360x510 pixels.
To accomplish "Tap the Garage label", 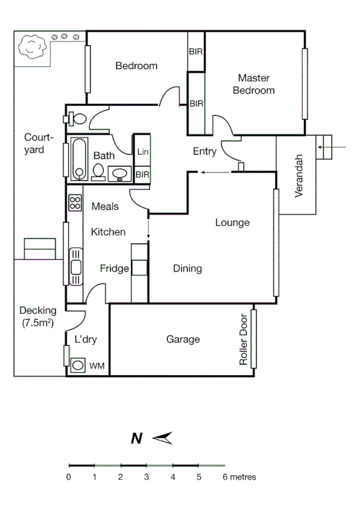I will (x=183, y=340).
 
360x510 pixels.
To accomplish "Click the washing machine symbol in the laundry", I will (x=78, y=364).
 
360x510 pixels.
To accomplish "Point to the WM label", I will (x=96, y=366).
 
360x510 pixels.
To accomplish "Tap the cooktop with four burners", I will (x=75, y=203).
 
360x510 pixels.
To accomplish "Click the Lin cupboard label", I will (x=142, y=152).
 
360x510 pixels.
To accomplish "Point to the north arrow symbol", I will (x=162, y=438).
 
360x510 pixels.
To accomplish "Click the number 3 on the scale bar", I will (x=146, y=478).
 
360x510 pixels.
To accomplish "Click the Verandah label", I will (x=299, y=179).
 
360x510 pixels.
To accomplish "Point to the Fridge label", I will (x=114, y=269).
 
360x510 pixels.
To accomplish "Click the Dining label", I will (x=187, y=269).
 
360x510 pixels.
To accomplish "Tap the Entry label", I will (x=204, y=152).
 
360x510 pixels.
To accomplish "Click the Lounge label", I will (x=233, y=223).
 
